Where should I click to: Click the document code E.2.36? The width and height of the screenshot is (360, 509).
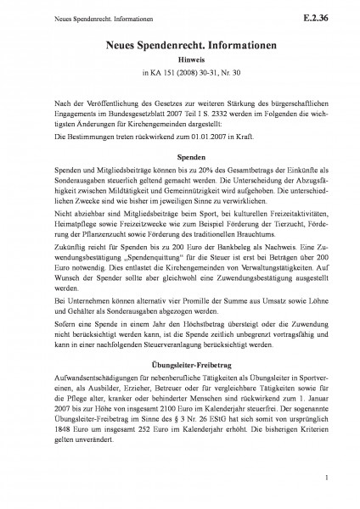click(x=329, y=14)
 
